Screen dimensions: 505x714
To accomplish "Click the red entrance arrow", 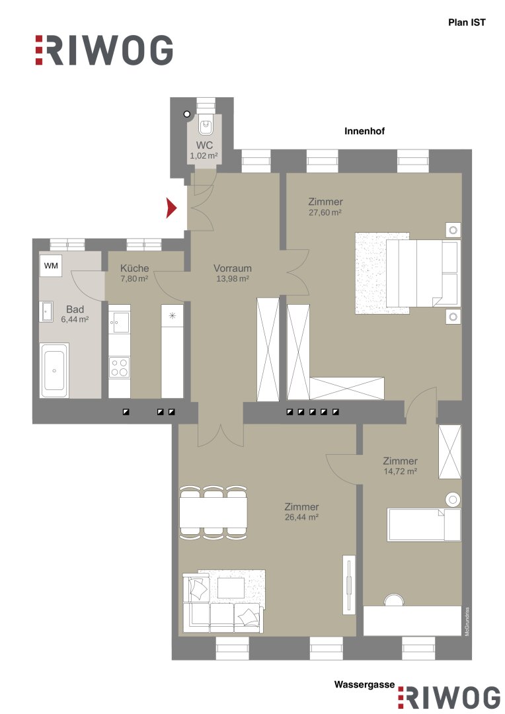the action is [x=171, y=208].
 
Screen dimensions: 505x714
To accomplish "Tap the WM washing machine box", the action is [x=51, y=266].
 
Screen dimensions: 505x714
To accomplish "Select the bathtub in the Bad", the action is [x=54, y=370].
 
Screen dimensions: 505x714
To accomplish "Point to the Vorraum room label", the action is [x=232, y=268].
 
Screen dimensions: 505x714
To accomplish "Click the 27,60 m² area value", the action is [x=325, y=212].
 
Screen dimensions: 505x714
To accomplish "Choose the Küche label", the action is [x=134, y=268].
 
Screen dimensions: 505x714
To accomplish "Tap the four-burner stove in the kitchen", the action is [x=119, y=368].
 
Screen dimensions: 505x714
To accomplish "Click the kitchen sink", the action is [x=119, y=322].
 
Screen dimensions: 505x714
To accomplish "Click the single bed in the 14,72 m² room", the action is [x=424, y=524].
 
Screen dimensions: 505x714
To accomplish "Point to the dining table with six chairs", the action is [x=214, y=512].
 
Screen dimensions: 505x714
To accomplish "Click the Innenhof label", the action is [x=364, y=131].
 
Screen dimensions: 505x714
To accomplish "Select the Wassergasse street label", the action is [x=364, y=684].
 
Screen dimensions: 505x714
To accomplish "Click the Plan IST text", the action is [x=467, y=22].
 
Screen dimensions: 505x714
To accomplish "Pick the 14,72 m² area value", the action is [x=401, y=471].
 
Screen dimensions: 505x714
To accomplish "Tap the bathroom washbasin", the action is [x=47, y=312].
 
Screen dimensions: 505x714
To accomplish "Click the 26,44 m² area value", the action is [x=301, y=517].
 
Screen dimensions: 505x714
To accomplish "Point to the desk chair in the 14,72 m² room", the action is [x=394, y=600].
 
